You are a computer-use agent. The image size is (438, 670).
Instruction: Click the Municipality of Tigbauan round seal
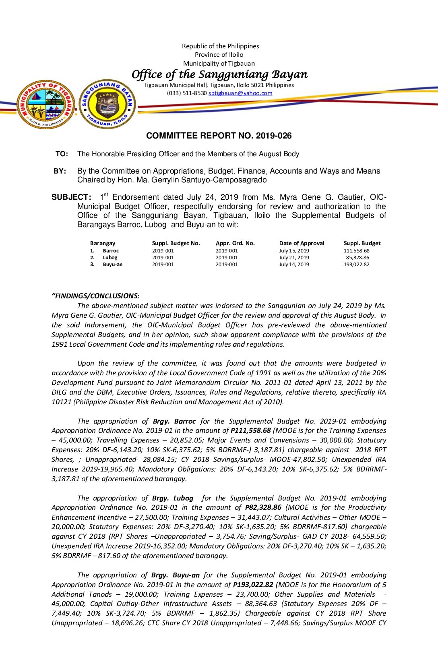point(45,104)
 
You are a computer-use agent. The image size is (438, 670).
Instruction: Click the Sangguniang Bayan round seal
point(107,104)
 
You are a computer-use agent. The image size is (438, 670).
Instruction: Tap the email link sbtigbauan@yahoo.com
point(240,93)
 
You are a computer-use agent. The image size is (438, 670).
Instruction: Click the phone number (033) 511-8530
point(187,93)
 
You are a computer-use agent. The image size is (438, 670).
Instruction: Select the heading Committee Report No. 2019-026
point(219,136)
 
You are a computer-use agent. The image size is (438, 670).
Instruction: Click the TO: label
point(62,154)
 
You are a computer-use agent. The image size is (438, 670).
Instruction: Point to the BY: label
point(60,171)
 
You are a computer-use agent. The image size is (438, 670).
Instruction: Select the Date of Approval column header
point(302,243)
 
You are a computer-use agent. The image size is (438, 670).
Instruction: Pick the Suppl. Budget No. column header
point(176,243)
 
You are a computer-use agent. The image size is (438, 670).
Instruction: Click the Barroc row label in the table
point(111,251)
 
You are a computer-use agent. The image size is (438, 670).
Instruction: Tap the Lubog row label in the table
point(110,258)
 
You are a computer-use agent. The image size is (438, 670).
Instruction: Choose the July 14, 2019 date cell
point(294,265)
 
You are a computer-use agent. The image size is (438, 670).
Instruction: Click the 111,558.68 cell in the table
point(356,251)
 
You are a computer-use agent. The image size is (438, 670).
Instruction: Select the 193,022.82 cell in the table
point(356,265)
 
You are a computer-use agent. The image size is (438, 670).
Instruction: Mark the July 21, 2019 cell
point(294,258)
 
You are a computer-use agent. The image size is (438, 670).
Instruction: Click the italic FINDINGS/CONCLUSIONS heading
point(96,296)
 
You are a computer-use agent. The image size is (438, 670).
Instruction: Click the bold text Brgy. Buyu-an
point(176,575)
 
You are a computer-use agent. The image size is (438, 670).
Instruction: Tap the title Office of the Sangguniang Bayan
point(219,74)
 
